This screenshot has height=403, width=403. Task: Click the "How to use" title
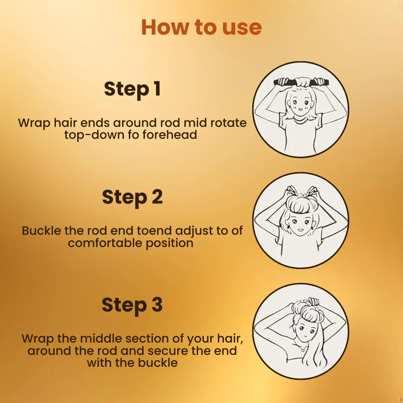point(201,27)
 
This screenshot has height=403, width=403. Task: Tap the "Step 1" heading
point(132,89)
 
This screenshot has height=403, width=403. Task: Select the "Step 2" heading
point(132,197)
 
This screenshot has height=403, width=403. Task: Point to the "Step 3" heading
point(132,305)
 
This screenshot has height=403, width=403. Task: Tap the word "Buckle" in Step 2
point(41,231)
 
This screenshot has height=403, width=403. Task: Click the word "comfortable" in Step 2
point(105,243)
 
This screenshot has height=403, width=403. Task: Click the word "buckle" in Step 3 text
point(158,363)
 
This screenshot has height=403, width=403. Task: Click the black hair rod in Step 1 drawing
point(301,82)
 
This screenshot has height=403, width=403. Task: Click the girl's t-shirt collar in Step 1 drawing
point(300,120)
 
